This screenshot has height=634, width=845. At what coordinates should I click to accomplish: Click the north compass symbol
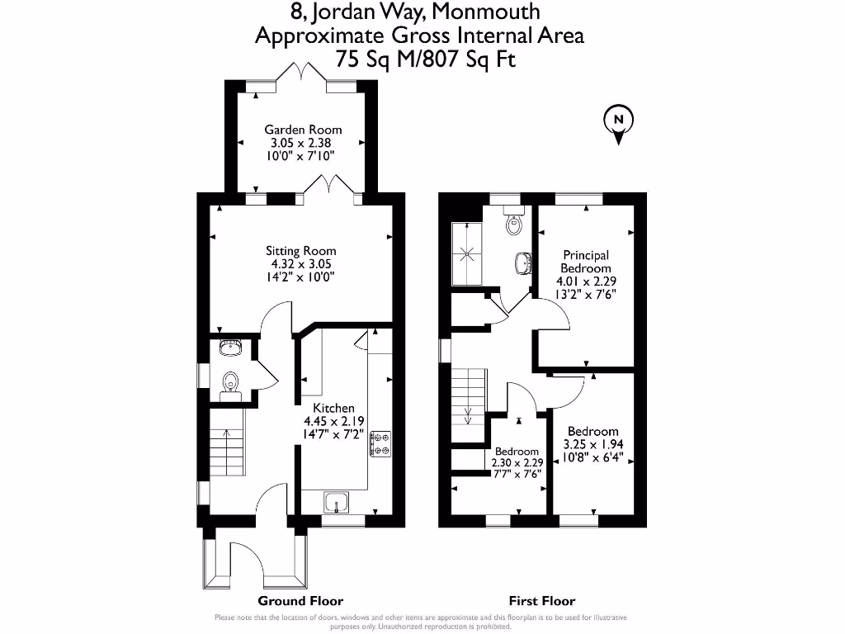click(618, 121)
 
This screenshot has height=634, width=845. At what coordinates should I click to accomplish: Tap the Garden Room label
click(303, 130)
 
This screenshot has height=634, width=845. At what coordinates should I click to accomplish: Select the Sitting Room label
click(300, 251)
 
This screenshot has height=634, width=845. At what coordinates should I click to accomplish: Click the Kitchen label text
click(333, 408)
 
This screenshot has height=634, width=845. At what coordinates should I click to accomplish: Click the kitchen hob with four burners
click(382, 443)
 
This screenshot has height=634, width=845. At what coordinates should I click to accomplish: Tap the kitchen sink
click(337, 501)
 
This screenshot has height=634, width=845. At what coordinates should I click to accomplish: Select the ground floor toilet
click(230, 383)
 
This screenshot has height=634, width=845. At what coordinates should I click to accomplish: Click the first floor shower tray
click(467, 253)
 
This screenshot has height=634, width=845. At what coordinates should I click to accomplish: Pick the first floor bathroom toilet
click(515, 223)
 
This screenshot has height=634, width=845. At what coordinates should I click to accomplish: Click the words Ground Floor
click(300, 601)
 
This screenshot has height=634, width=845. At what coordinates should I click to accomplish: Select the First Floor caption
click(542, 601)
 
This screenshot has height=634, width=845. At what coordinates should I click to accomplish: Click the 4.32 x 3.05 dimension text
click(300, 264)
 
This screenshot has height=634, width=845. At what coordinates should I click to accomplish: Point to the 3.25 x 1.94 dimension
click(592, 444)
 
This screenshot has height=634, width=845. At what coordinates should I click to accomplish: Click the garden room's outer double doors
click(301, 76)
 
